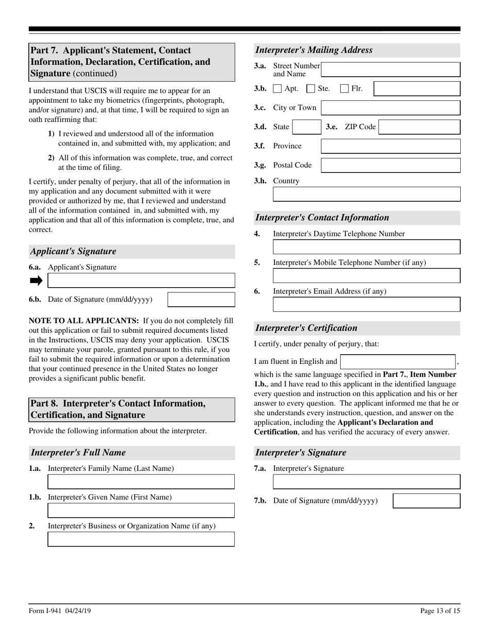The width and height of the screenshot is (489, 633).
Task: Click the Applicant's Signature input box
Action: (x=141, y=280)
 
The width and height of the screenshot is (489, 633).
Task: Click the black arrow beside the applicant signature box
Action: (x=36, y=280)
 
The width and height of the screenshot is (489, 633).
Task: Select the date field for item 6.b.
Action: (x=201, y=300)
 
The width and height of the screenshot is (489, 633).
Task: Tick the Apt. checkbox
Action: (x=277, y=89)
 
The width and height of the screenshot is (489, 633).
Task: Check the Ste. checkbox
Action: (x=311, y=89)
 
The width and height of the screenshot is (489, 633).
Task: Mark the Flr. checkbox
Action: (x=345, y=89)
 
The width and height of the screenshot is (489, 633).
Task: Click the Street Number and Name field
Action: (x=390, y=69)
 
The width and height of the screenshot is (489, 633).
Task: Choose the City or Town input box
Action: (x=390, y=108)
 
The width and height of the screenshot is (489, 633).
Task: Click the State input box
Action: (x=307, y=127)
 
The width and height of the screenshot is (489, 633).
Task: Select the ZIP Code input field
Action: (x=419, y=127)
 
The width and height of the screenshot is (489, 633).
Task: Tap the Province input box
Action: (x=390, y=146)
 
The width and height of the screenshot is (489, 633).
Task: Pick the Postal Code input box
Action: (x=390, y=165)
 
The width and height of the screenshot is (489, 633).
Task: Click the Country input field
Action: (x=366, y=194)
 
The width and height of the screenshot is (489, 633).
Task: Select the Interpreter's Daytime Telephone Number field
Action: (x=366, y=247)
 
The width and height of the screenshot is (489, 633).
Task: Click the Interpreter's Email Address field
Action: (x=366, y=305)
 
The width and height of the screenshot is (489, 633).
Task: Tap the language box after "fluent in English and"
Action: (x=397, y=362)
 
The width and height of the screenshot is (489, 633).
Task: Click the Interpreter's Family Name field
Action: (x=141, y=482)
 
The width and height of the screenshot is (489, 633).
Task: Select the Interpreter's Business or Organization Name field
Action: (x=141, y=539)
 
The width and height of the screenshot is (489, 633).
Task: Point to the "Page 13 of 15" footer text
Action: (x=440, y=611)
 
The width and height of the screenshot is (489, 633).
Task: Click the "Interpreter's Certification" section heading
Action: (x=306, y=328)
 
